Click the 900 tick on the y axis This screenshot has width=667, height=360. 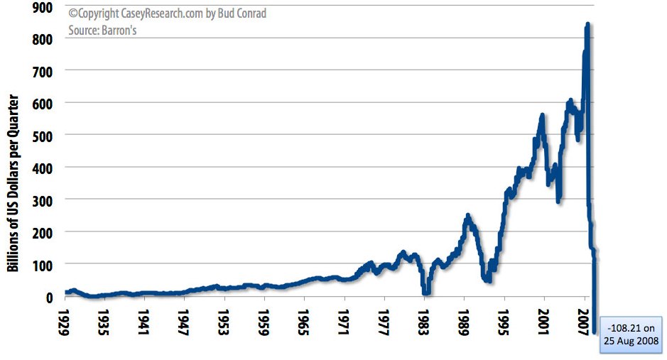click(x=43, y=7)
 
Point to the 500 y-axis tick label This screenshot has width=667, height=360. click(x=43, y=134)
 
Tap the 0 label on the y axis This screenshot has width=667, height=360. click(x=50, y=296)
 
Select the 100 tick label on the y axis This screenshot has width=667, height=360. click(x=43, y=263)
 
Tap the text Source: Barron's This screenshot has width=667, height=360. click(x=104, y=31)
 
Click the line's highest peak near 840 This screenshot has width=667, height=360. click(x=587, y=26)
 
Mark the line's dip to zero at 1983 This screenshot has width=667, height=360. click(x=426, y=291)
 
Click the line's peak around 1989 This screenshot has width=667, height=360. click(x=467, y=215)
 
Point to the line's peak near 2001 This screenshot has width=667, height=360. click(x=542, y=115)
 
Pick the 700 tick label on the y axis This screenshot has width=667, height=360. click(x=43, y=70)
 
